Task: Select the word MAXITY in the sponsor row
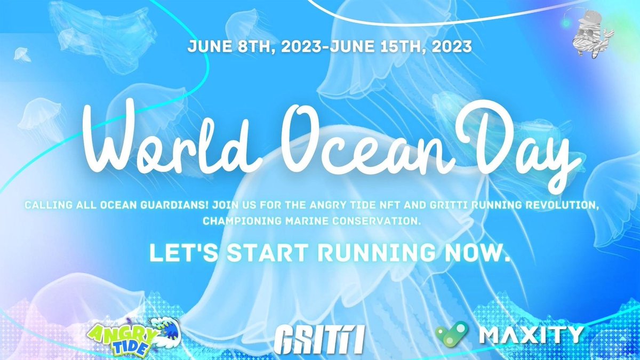point(530,334)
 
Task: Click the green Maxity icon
point(452,333)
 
